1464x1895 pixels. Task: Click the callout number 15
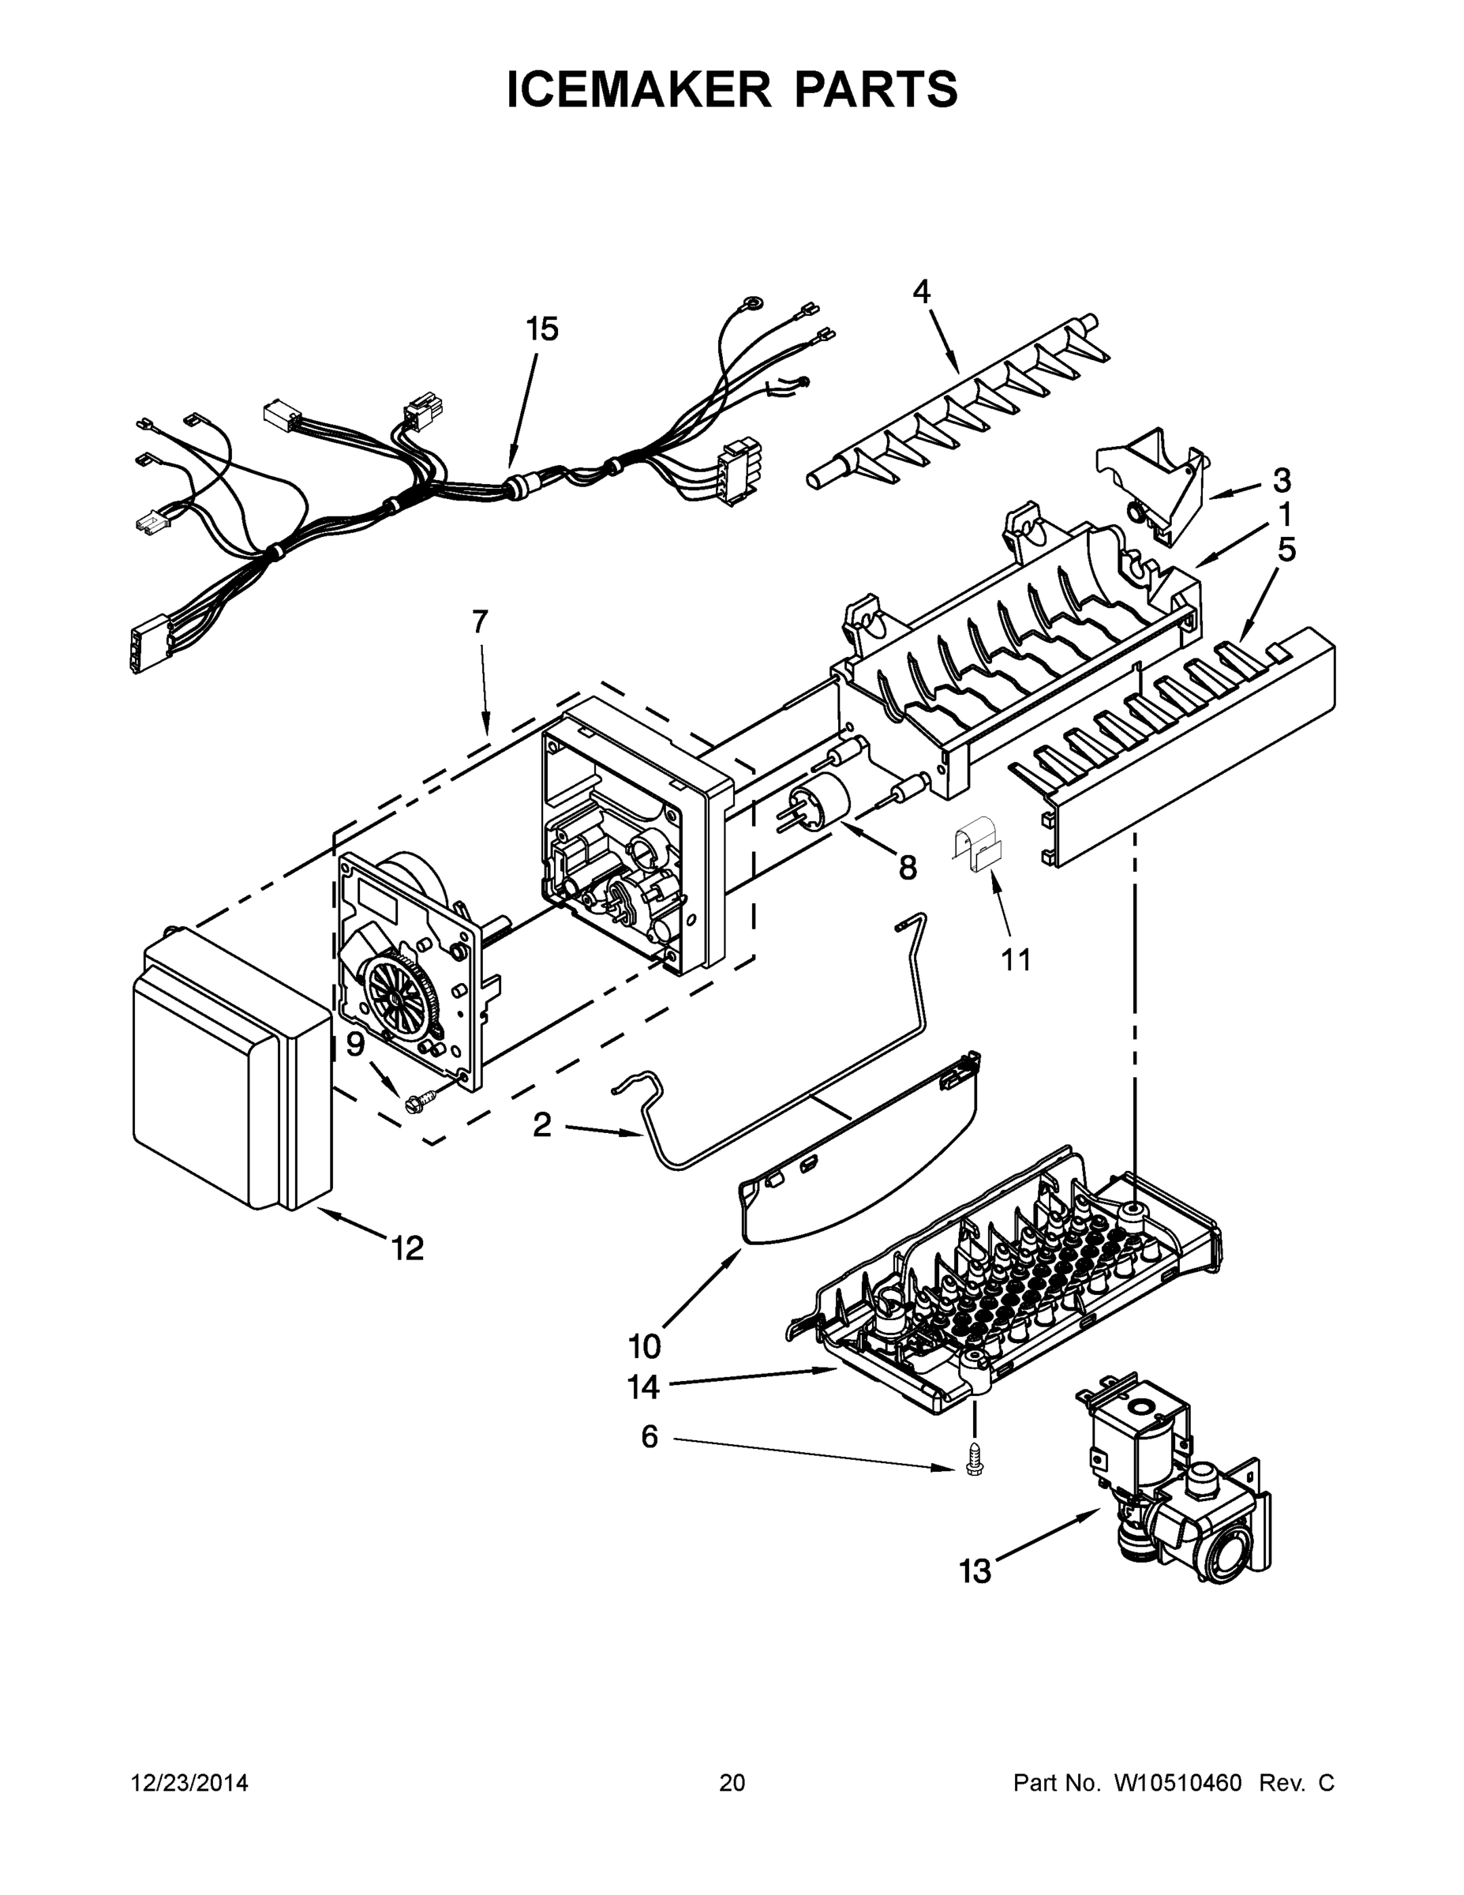542,330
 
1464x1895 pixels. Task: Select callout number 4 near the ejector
921,291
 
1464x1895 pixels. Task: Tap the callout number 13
975,1571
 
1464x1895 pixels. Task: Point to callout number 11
1016,959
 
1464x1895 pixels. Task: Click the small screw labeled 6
974,1466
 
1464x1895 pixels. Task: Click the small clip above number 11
977,848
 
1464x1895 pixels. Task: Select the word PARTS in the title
875,88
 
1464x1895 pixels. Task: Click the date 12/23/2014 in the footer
189,1783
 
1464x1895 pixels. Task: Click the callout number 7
480,621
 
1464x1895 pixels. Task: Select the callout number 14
643,1387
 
